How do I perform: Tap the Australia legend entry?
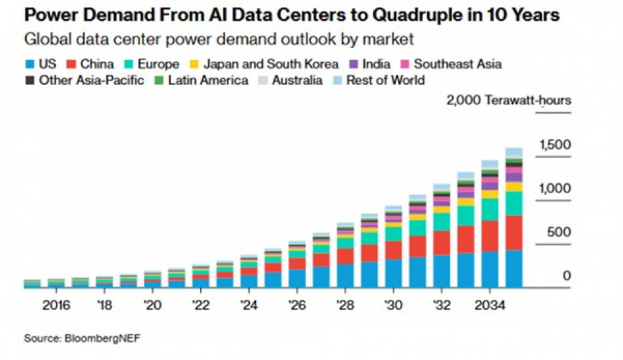coord(291,80)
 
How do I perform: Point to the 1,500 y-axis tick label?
coord(555,145)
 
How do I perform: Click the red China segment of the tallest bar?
coord(513,233)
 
